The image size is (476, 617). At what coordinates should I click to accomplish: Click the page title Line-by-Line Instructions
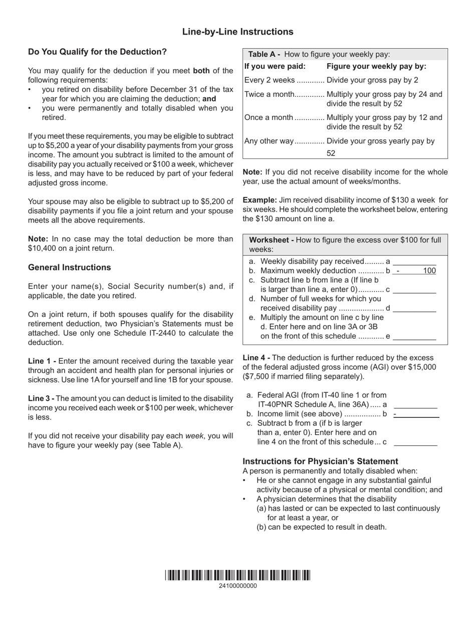point(237,32)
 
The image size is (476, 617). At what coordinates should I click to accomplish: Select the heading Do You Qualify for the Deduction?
point(97,52)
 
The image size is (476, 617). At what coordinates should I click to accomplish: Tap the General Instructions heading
point(70,267)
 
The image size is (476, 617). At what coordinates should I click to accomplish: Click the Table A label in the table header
point(264,55)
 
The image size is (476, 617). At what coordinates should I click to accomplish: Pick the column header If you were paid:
point(275,66)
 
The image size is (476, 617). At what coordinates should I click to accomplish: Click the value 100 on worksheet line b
point(429,271)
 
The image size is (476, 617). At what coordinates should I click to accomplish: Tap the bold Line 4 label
point(256,358)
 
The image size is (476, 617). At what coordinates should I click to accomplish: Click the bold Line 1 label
point(42,361)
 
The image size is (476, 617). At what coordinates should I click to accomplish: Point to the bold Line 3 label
point(42,398)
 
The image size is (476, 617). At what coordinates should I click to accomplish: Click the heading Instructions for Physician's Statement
point(320,461)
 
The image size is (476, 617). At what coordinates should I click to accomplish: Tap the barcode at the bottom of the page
point(237,575)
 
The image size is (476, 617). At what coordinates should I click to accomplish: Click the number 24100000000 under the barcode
point(237,586)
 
